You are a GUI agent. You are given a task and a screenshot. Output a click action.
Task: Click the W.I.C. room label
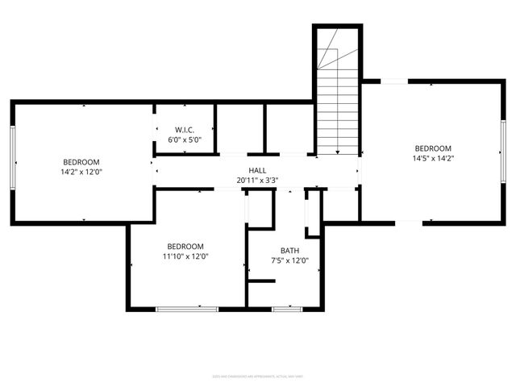click(184, 130)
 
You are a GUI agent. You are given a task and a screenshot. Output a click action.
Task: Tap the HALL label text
click(257, 170)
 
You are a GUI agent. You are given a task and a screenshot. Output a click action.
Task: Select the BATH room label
click(289, 250)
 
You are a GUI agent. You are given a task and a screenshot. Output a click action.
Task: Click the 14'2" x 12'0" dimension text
click(81, 172)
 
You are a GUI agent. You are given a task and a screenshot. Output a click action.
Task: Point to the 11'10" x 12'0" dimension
click(185, 256)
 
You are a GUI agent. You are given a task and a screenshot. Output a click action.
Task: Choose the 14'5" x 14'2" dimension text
click(433, 159)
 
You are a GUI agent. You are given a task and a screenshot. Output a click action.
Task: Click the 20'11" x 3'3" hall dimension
click(257, 181)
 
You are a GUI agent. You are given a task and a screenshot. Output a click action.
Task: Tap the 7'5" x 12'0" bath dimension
click(289, 260)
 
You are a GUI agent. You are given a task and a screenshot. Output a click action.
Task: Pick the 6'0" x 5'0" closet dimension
click(184, 139)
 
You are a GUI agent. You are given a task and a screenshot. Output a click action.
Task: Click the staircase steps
click(336, 113)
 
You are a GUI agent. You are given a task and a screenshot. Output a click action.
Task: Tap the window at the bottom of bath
click(287, 309)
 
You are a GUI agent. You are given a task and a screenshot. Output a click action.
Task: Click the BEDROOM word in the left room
click(81, 161)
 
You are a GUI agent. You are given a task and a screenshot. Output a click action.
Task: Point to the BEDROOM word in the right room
click(433, 148)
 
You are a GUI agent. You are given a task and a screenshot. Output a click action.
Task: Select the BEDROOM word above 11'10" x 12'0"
click(185, 246)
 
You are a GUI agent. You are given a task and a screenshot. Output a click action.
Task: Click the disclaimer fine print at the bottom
click(257, 375)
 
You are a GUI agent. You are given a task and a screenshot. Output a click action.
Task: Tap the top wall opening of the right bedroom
click(394, 81)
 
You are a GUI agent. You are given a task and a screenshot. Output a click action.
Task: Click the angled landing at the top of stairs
click(328, 56)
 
